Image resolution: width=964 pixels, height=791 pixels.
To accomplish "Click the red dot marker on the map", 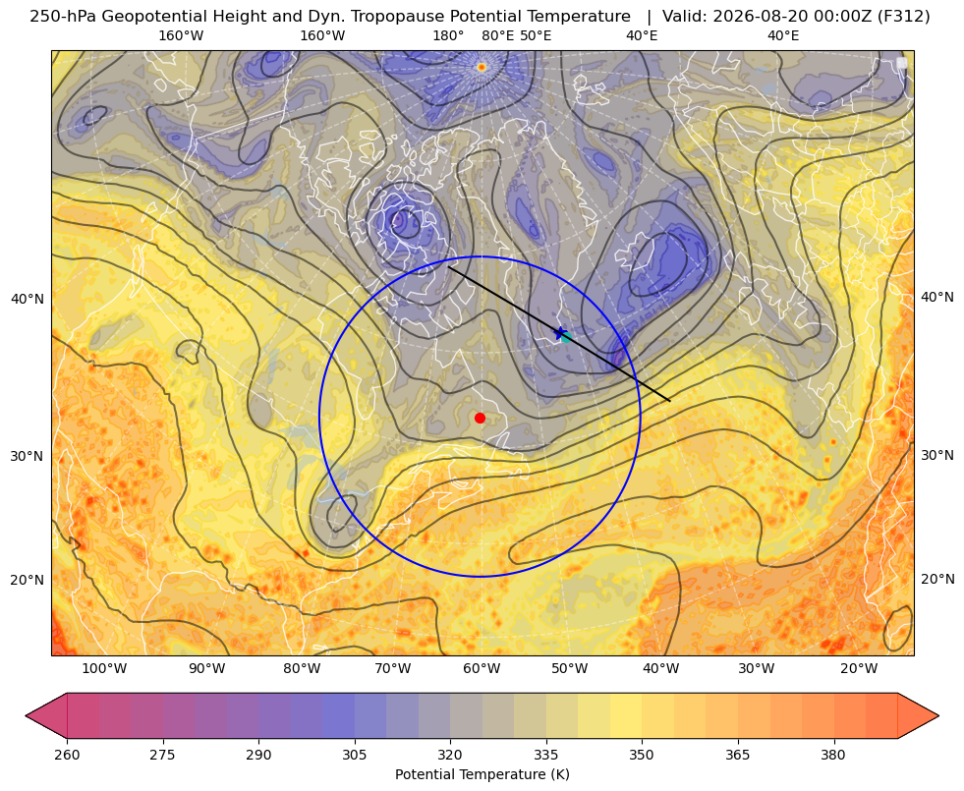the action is [481, 418].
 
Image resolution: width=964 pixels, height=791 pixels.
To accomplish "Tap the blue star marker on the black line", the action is [560, 333].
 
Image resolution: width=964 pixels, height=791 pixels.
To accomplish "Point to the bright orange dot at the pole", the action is [482, 67].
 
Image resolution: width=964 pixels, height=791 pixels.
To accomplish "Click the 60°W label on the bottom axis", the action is [481, 669].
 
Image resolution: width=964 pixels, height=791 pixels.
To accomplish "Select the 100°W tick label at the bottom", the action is [104, 669].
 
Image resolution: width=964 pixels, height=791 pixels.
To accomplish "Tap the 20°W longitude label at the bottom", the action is [859, 669].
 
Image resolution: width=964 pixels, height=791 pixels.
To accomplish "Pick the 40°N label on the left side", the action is [28, 300].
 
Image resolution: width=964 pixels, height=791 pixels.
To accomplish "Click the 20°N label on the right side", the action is [937, 579].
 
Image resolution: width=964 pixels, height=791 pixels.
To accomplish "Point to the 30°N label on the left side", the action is [28, 457].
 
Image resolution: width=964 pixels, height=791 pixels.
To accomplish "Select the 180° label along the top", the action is [448, 35].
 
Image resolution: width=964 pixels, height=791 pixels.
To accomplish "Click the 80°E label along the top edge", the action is [497, 35].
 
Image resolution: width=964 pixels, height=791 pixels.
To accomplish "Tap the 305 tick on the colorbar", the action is [354, 756].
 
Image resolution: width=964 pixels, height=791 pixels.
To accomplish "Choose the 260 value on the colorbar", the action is [67, 756].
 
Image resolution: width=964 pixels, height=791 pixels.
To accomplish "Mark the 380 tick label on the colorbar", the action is [833, 756].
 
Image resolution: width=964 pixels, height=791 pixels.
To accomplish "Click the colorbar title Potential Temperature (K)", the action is [482, 774].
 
